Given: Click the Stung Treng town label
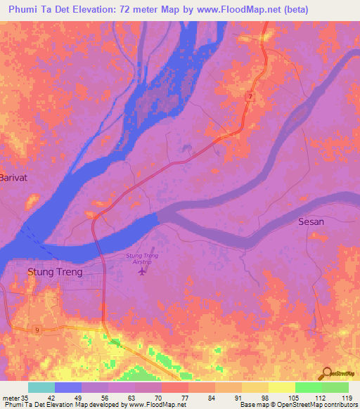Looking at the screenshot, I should (x=54, y=271).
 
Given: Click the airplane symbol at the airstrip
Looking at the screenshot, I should (x=144, y=271).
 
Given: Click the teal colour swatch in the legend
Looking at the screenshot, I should (x=41, y=387).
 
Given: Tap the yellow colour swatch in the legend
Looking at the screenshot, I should (x=281, y=387).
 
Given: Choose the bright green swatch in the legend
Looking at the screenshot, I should (x=308, y=387).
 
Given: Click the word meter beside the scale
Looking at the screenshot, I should (x=11, y=397).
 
